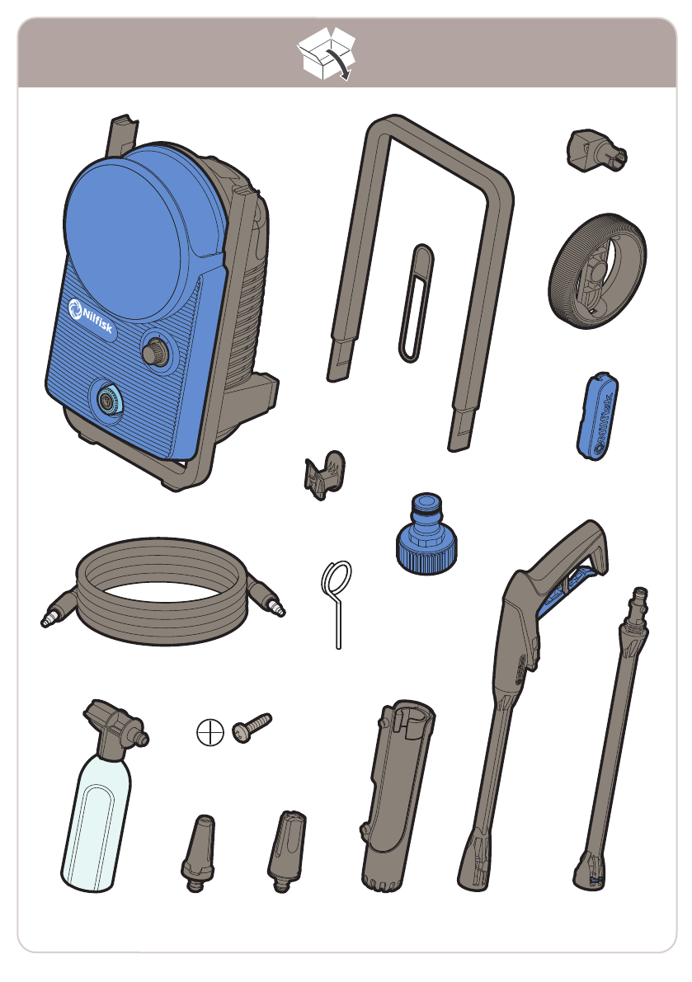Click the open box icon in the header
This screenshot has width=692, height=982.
click(327, 54)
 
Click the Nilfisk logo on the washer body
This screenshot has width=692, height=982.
click(91, 315)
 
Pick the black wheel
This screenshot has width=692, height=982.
click(597, 270)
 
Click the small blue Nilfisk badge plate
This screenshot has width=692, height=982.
click(597, 416)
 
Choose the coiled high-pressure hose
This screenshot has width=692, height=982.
click(162, 591)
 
